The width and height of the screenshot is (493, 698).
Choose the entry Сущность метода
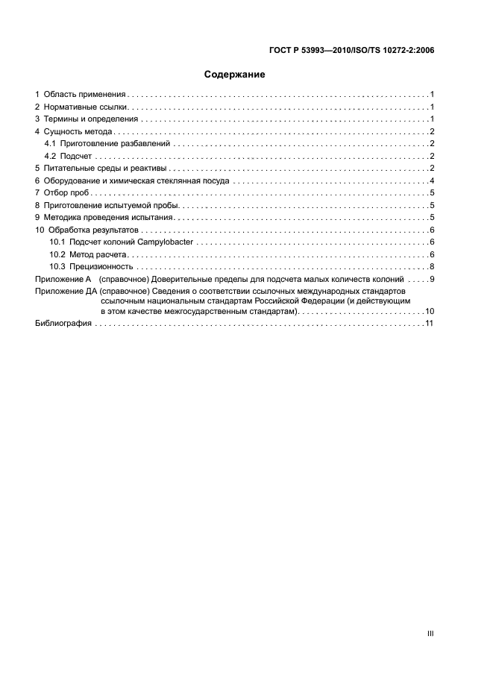[78, 132]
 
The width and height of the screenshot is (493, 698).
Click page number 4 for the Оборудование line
[432, 181]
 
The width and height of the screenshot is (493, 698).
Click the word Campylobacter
[169, 242]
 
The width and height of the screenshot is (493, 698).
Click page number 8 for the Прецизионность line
[432, 267]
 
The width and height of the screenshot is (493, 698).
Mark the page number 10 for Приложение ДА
[430, 311]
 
